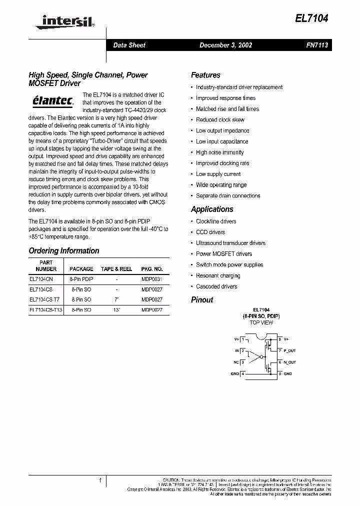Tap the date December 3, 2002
click(x=225, y=45)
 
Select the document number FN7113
click(x=317, y=45)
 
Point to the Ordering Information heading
click(x=64, y=250)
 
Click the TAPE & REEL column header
click(x=116, y=269)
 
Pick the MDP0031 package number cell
click(x=152, y=279)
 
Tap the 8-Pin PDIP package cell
click(x=81, y=279)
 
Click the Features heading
click(x=205, y=75)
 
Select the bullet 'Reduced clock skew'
click(x=220, y=120)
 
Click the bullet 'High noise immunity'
click(x=219, y=152)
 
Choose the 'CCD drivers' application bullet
click(x=210, y=232)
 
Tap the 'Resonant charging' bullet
click(x=217, y=275)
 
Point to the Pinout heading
click(x=202, y=300)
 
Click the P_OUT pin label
click(x=289, y=351)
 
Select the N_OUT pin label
click(x=289, y=362)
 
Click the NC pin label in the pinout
click(x=236, y=362)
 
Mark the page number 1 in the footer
click(x=100, y=480)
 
